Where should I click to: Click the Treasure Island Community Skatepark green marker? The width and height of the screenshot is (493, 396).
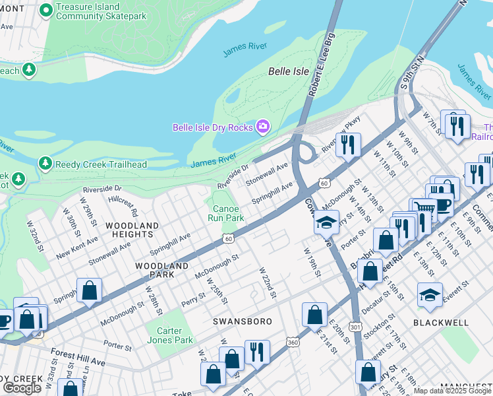click(46, 10)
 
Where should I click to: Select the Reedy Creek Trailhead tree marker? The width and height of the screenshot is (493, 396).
click(45, 162)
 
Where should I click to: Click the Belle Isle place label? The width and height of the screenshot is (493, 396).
click(289, 71)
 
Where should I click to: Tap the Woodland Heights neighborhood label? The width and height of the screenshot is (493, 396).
click(132, 230)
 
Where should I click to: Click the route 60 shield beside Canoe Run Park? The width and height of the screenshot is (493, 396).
click(228, 238)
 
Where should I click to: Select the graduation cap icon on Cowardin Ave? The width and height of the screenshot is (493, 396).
click(326, 222)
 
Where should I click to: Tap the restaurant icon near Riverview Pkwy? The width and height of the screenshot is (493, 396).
click(348, 143)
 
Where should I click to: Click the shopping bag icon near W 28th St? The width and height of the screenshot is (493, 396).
click(89, 290)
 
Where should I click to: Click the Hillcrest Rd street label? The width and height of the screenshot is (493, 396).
click(123, 205)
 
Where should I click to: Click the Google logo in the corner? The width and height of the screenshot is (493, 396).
click(22, 388)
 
